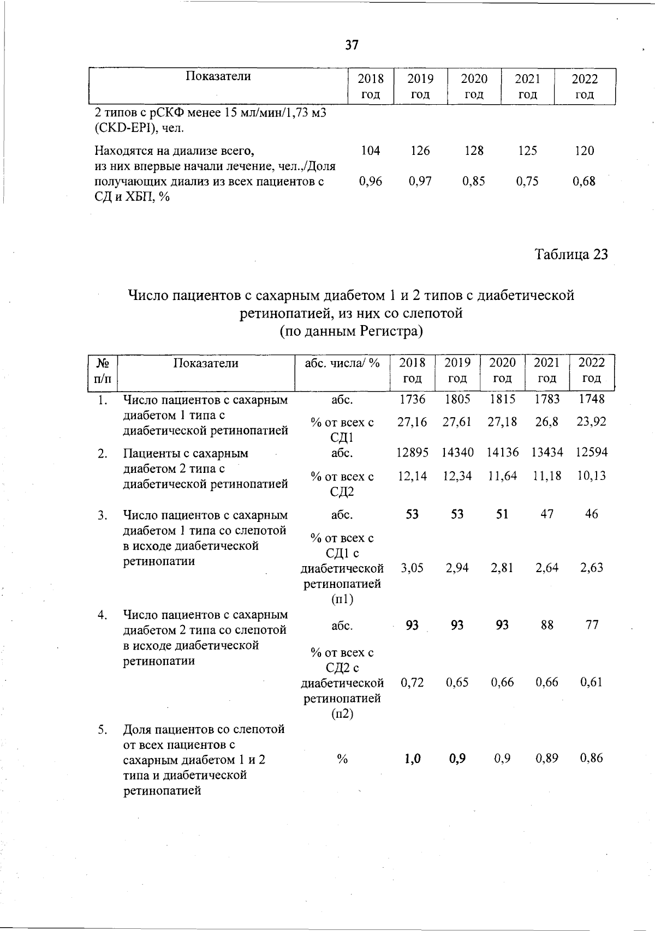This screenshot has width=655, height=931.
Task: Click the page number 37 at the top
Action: pos(352,45)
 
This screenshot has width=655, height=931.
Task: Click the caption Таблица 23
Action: pos(571,255)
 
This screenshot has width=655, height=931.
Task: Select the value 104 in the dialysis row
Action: pos(371,151)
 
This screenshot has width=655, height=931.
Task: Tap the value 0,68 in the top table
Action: pos(584,181)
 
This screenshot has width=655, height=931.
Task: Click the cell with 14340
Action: pos(457,452)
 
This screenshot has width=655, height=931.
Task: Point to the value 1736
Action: pos(412,399)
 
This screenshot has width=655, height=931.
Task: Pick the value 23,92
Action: pos(592,422)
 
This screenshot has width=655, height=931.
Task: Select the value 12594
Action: pos(592,452)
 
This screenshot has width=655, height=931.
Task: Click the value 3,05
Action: pos(412,568)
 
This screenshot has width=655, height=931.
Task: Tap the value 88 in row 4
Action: pos(547,625)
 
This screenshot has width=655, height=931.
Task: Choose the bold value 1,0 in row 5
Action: pos(412,758)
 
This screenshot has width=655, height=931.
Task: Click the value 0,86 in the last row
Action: pos(592,758)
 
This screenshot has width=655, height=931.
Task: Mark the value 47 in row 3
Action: pos(547,514)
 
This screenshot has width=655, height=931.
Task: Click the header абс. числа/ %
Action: pos(342,363)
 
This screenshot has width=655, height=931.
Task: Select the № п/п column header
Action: pos(102,370)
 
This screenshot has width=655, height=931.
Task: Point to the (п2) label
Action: pos(342,714)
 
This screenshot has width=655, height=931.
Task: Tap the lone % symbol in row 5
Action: pos(342,759)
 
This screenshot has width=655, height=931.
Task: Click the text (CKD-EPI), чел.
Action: pos(139,129)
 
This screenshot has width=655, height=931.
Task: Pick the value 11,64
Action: pos(502,476)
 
